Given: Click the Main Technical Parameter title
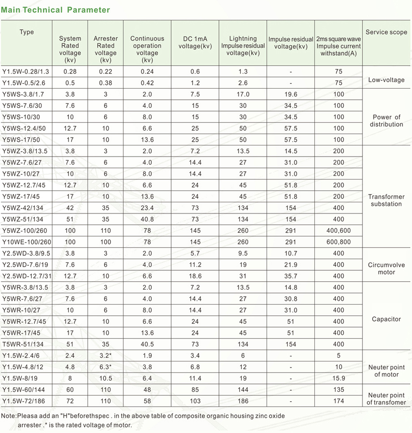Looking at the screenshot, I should [x=56, y=10].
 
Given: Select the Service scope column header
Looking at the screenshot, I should [x=386, y=32].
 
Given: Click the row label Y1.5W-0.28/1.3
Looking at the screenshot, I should [x=26, y=71].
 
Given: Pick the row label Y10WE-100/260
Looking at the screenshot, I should [x=27, y=242].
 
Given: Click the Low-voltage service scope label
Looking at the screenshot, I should [x=386, y=80].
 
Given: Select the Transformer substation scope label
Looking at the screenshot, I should [x=386, y=200].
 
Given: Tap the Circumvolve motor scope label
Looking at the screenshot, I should [x=386, y=268].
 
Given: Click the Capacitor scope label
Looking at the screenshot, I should [x=386, y=319].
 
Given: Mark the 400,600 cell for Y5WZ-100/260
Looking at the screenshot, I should [x=339, y=231].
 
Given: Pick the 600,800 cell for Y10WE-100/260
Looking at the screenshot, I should [x=339, y=242].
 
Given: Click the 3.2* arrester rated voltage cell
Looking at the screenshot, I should [x=106, y=356].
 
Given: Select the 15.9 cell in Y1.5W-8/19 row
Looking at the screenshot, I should [x=339, y=378].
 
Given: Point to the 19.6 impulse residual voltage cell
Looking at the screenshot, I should [x=291, y=94].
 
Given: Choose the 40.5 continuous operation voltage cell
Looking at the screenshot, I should [x=147, y=344].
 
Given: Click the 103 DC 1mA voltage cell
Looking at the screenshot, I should [x=195, y=401].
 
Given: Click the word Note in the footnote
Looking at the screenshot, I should [x=8, y=416].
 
